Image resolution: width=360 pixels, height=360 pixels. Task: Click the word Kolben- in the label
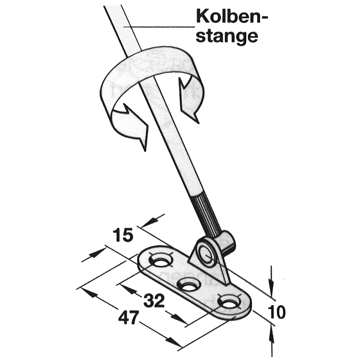(x=232, y=17)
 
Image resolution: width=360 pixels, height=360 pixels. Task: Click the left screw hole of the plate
(x=161, y=261)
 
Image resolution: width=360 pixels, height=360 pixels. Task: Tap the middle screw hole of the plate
(x=189, y=285)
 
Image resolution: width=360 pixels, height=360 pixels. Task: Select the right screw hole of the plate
(x=229, y=303)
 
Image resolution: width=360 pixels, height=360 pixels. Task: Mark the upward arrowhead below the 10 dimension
(x=271, y=334)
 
